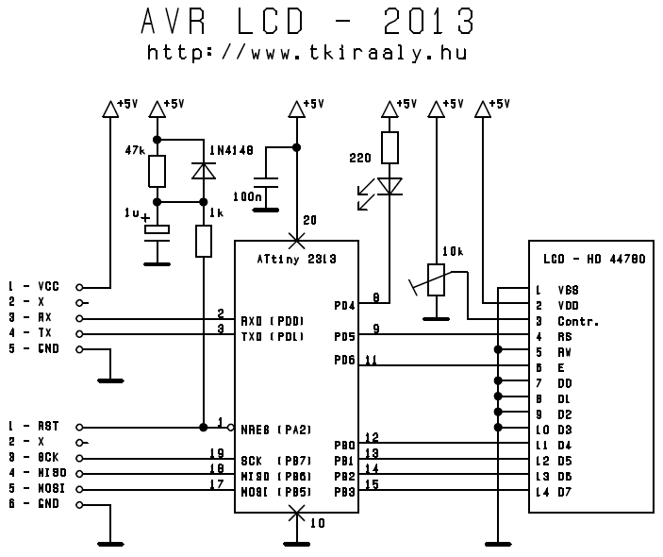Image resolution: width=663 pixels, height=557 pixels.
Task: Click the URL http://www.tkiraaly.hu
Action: [x=307, y=53]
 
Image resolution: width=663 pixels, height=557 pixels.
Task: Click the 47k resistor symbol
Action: [x=157, y=171]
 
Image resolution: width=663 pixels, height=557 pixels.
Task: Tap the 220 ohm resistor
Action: [x=390, y=147]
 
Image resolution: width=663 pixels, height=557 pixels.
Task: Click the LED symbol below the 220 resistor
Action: [x=390, y=185]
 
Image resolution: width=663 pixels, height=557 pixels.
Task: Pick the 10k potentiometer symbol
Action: [x=436, y=278]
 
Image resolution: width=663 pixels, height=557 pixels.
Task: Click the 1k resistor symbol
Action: [x=204, y=242]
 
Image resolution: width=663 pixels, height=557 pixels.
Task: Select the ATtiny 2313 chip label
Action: [x=296, y=256]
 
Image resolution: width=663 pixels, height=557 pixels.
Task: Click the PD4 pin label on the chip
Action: [x=344, y=305]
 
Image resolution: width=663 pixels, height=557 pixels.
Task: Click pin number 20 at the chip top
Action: [x=309, y=220]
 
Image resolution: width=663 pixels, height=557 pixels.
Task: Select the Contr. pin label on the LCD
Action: [x=579, y=320]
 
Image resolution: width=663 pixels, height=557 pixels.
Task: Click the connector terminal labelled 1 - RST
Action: [x=79, y=427]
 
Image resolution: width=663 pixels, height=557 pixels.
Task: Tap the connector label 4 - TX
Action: [x=33, y=333]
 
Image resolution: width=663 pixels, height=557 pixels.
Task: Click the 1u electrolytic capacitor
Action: [x=157, y=228]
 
